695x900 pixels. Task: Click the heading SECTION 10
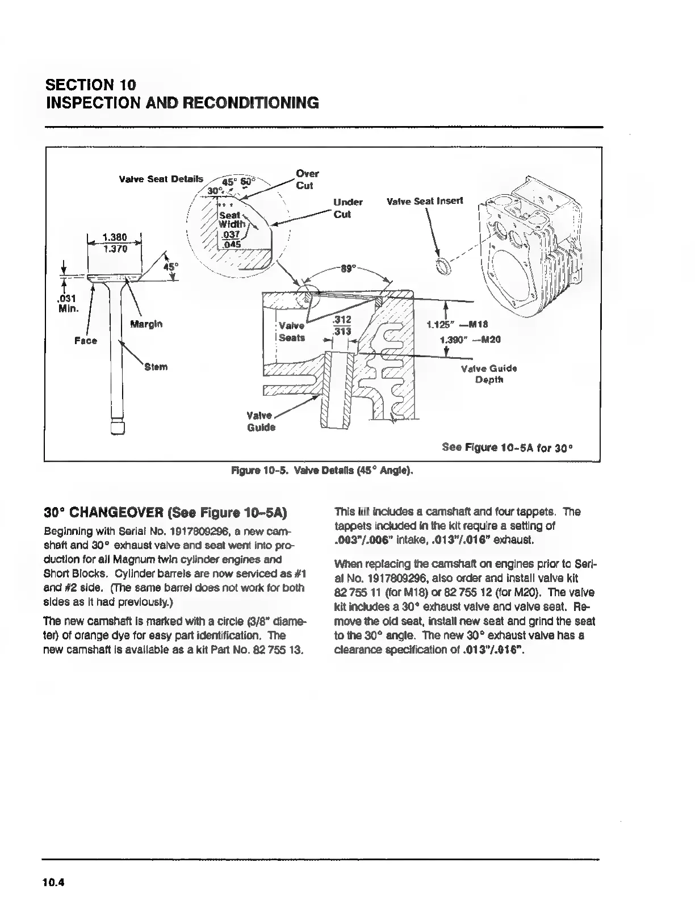coord(91,85)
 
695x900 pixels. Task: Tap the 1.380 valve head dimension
coord(114,237)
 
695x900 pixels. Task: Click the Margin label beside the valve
coord(146,324)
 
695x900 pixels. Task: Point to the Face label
coord(86,341)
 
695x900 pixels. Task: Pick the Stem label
coord(156,367)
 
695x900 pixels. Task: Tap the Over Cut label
coord(307,179)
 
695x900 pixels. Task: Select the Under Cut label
coord(347,208)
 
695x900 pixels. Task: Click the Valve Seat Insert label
coord(424,201)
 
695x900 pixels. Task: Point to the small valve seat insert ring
coord(443,266)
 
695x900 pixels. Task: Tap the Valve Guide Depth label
coord(488,374)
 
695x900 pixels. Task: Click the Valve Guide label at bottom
coord(261,421)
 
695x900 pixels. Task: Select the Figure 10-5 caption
coord(321,471)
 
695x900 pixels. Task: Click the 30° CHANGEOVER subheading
coord(166,513)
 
